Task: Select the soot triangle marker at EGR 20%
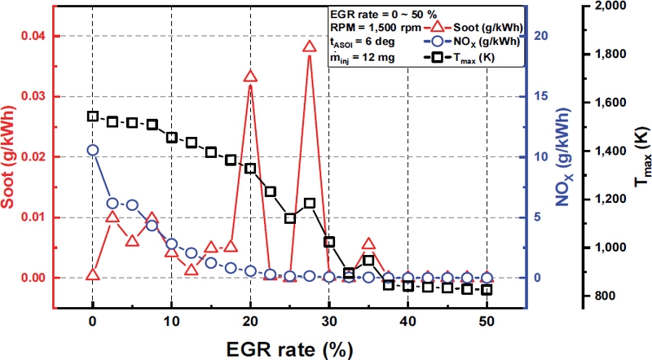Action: pyautogui.click(x=250, y=77)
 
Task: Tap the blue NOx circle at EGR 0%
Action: pyautogui.click(x=93, y=151)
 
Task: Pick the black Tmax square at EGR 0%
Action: pyautogui.click(x=93, y=116)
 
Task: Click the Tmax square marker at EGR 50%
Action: pyautogui.click(x=487, y=290)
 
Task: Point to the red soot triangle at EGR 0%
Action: pyautogui.click(x=93, y=274)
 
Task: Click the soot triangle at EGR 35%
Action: pyautogui.click(x=368, y=244)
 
